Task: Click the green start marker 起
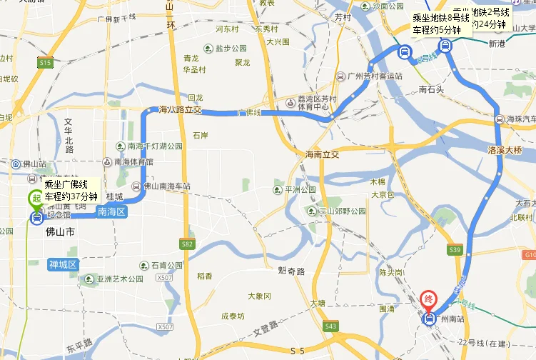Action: [34, 198]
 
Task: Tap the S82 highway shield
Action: [188, 244]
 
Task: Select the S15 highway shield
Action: [46, 64]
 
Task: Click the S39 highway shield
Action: [455, 249]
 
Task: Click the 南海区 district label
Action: [111, 211]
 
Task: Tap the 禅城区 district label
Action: [63, 265]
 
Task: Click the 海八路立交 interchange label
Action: [180, 110]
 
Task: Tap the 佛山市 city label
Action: [60, 232]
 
